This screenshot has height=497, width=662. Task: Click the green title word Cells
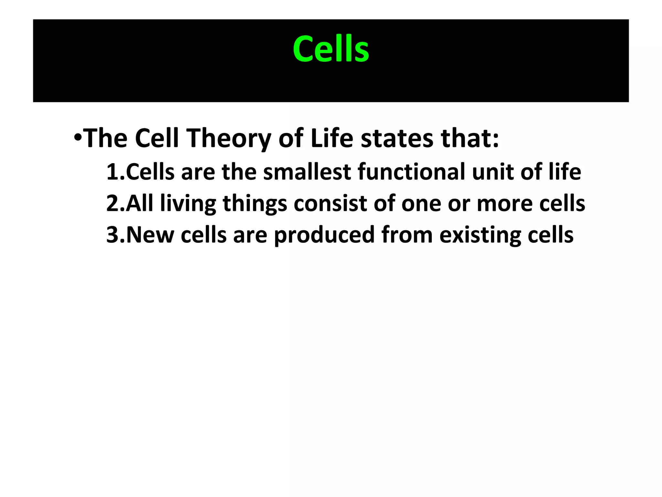331,49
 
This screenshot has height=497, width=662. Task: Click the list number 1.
113,172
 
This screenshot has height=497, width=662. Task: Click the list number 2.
113,204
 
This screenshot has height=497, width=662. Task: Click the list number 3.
113,235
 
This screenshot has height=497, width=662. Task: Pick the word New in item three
150,235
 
